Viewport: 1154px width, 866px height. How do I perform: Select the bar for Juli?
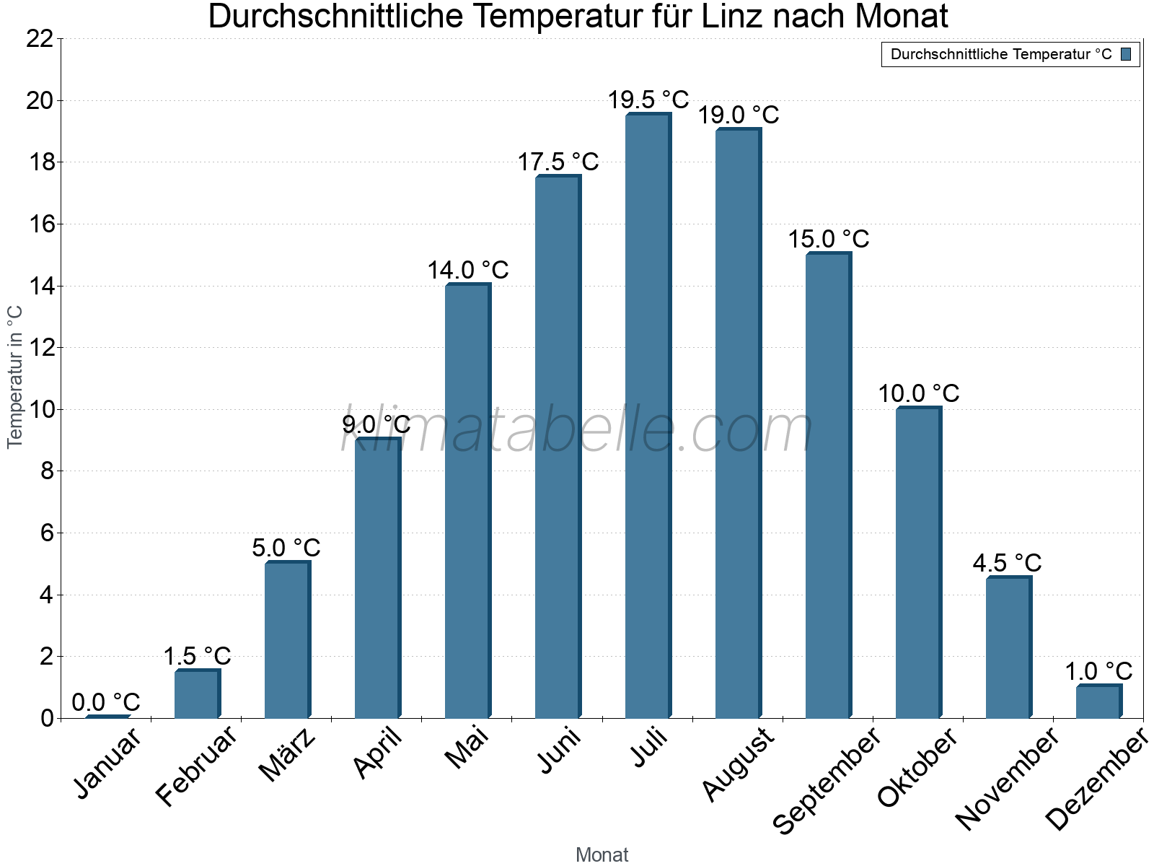(648, 416)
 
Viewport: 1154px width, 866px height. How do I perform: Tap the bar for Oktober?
(918, 563)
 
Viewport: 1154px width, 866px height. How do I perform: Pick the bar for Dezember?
(1098, 701)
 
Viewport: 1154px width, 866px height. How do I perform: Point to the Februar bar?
(197, 694)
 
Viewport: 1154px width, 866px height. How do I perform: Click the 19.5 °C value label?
(648, 100)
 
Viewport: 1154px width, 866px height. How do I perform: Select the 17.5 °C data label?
(558, 162)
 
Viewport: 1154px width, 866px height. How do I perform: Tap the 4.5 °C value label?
(1007, 563)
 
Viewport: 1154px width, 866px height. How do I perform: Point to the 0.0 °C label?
(106, 702)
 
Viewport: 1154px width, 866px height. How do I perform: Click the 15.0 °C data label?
(828, 239)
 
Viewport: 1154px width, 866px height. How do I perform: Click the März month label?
(288, 755)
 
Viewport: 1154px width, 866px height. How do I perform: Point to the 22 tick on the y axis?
(40, 39)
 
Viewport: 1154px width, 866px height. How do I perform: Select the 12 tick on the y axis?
(40, 348)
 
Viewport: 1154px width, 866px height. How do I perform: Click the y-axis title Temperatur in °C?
(15, 377)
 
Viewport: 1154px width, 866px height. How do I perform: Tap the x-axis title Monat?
(602, 855)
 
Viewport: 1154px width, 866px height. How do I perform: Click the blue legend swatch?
(1126, 54)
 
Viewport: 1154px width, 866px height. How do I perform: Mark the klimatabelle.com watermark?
(577, 430)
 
